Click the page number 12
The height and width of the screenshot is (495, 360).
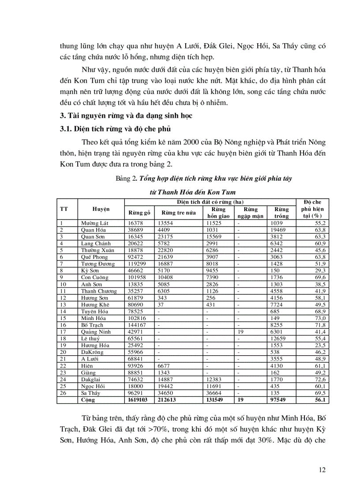(x=322, y=470)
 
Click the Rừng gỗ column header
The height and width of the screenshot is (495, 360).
(x=139, y=212)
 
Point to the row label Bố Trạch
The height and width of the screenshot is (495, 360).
(x=92, y=325)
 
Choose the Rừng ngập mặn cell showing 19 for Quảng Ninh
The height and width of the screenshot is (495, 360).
(x=240, y=332)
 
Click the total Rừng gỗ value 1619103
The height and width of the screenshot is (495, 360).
(x=140, y=400)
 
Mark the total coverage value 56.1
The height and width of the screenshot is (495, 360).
(x=319, y=400)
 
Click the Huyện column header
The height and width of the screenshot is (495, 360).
(x=101, y=209)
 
